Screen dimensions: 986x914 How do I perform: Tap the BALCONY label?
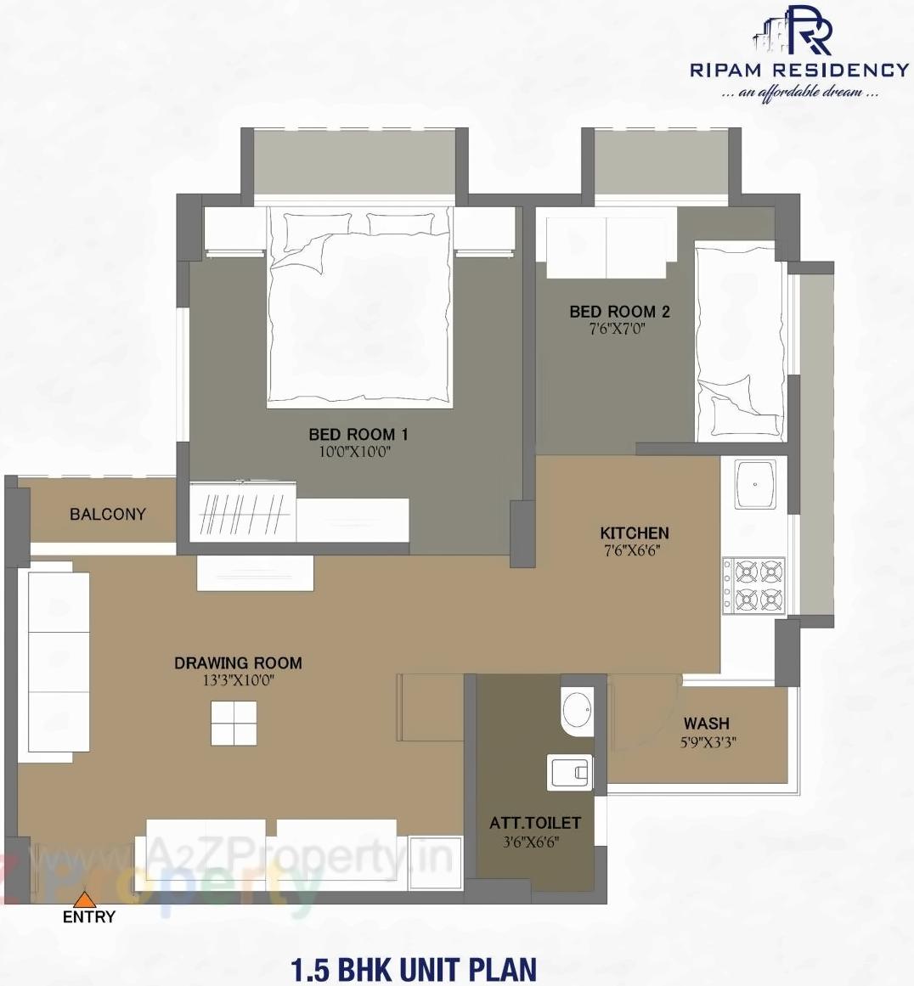[107, 514]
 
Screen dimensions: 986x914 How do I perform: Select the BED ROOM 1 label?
[358, 434]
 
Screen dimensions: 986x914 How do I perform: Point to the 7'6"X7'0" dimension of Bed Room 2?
[618, 329]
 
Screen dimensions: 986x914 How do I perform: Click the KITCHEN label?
[635, 532]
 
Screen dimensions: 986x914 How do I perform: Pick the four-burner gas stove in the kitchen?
[754, 585]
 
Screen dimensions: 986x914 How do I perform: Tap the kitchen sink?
[755, 485]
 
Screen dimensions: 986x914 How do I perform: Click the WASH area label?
[706, 723]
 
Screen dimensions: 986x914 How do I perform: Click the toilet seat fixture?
[569, 772]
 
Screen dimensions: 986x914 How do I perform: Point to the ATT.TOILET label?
[535, 823]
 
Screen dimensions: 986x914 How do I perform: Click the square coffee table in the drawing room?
[234, 723]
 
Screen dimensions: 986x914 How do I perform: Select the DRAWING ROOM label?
[238, 662]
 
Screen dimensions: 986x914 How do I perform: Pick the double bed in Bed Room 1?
[359, 306]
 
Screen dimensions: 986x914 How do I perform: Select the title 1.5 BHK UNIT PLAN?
[414, 969]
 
